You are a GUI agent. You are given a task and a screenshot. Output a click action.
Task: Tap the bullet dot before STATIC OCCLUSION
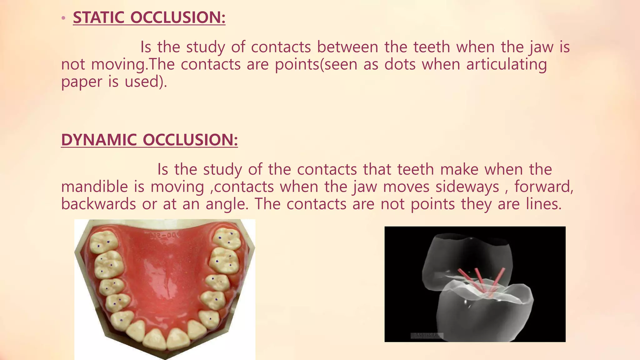[63, 18]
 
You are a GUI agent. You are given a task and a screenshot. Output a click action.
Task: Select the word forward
[543, 187]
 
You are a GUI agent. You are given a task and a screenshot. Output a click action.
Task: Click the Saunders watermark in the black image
[427, 335]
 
